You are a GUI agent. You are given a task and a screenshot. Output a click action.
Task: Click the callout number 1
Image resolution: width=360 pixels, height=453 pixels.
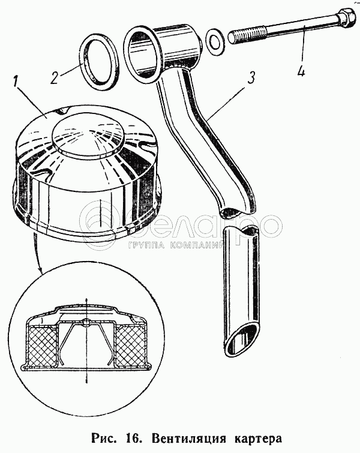pyautogui.click(x=17, y=82)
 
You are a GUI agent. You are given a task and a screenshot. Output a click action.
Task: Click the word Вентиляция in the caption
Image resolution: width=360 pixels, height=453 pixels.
pyautogui.click(x=188, y=438)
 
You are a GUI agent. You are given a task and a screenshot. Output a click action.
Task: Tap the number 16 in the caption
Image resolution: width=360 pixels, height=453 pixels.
pyautogui.click(x=134, y=437)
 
